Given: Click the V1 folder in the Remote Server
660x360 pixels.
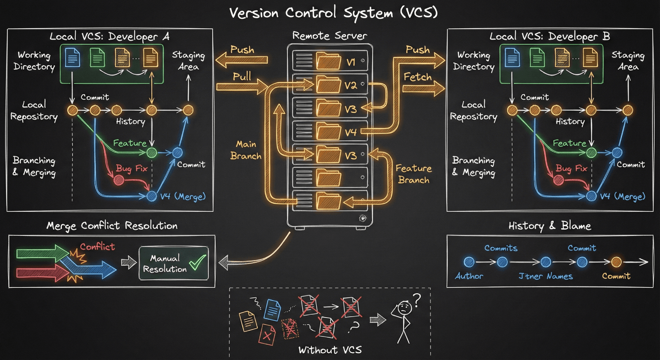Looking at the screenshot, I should [328, 61].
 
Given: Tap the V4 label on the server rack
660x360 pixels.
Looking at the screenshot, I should [351, 132].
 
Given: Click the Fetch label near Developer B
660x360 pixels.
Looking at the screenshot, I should [417, 77].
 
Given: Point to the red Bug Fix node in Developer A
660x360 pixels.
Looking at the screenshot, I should [119, 180].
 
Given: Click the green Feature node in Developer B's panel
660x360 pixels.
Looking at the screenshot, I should [591, 153].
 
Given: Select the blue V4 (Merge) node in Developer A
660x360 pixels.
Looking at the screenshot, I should [152, 196].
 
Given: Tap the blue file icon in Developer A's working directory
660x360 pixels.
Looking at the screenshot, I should [73, 57].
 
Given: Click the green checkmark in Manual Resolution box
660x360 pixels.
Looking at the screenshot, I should [198, 262].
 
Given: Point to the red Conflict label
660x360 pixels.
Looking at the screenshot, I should [97, 247].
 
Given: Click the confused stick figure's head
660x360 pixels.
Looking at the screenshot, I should [404, 307].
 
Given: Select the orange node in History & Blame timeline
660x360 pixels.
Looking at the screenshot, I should [616, 262].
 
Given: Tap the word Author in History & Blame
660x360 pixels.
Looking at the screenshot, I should [469, 276].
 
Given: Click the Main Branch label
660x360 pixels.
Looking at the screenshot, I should [246, 150].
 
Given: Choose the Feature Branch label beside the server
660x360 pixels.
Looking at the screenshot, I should [413, 174].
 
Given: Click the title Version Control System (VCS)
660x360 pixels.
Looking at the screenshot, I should [333, 12].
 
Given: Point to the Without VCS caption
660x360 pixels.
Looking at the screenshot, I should [330, 350].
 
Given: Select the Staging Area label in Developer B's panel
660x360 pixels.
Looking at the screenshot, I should [628, 61].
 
